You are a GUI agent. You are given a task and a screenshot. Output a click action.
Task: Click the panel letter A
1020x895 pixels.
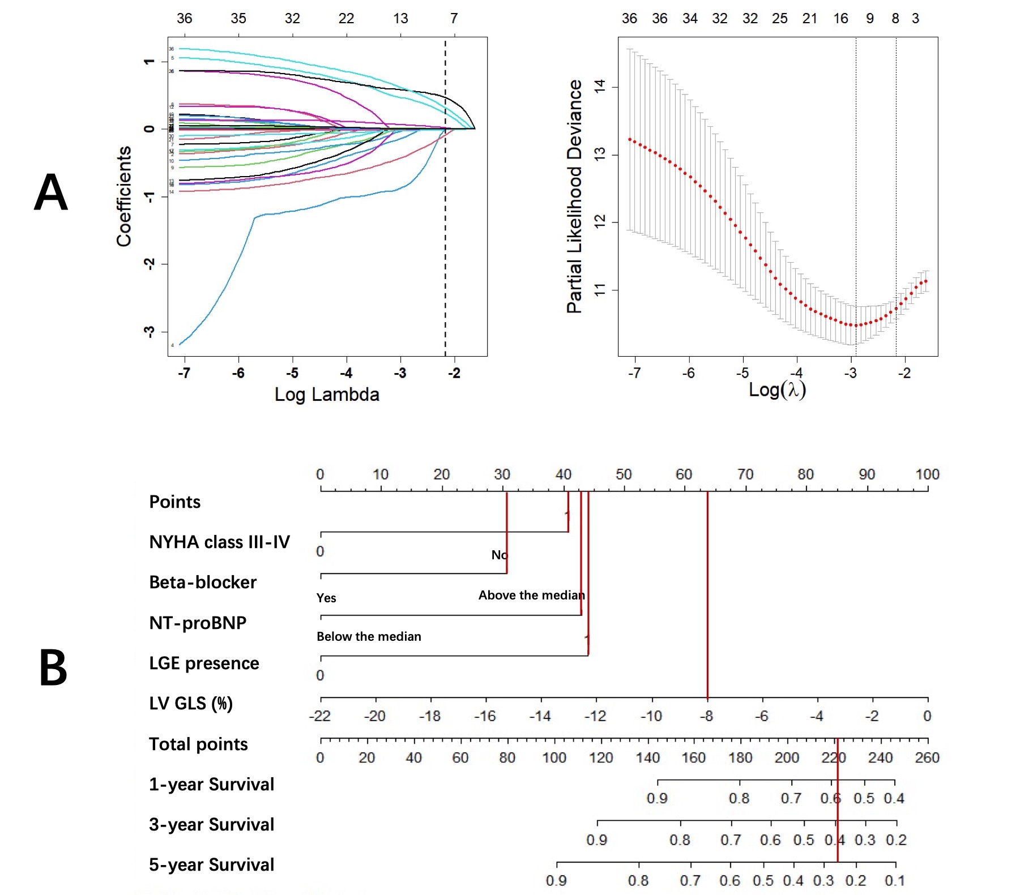[51, 192]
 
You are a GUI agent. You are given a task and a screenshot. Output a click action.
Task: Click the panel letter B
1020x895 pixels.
[53, 668]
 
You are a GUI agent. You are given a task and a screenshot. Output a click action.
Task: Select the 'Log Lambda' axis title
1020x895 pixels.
[327, 395]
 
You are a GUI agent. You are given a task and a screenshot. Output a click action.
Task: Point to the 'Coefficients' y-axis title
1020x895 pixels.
[124, 196]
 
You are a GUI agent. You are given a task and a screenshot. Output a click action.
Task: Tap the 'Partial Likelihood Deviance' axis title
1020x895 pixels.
[574, 196]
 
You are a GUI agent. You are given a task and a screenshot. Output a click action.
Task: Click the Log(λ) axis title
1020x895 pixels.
[777, 389]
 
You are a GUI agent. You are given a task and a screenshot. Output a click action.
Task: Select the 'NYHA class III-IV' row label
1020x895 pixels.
[219, 542]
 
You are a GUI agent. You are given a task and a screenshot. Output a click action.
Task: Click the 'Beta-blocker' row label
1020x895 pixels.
[203, 583]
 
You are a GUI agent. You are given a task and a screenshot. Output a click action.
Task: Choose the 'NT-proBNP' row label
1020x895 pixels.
[198, 623]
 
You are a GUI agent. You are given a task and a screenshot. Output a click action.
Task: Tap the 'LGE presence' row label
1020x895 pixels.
[204, 663]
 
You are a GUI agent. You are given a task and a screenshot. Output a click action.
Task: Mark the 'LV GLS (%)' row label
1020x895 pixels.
[191, 704]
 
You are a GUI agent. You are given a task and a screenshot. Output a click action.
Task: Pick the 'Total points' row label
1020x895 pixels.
[198, 744]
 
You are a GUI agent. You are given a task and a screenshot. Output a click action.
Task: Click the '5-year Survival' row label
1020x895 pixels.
[211, 864]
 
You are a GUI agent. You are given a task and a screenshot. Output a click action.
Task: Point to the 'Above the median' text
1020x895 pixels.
[531, 595]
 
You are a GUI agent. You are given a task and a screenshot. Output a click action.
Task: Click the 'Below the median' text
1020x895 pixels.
[369, 636]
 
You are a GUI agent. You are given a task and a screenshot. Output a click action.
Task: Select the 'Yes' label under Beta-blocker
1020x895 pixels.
[326, 598]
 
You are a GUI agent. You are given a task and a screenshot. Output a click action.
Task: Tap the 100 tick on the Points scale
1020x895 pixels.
[927, 474]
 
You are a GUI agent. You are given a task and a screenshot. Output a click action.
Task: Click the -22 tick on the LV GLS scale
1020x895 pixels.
[320, 716]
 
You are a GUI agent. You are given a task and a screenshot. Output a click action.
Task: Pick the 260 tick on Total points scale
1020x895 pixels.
[927, 757]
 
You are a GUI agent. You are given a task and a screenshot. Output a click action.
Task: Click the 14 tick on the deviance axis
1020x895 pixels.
[599, 86]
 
